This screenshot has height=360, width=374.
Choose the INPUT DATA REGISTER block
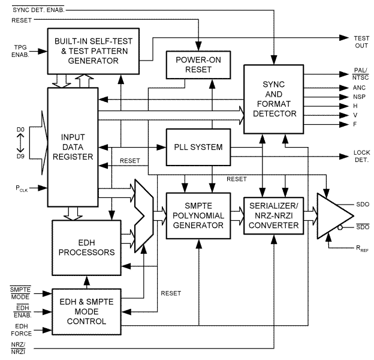(72, 147)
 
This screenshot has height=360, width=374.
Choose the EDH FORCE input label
(22, 328)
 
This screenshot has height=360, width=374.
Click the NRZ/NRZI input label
(20, 348)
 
